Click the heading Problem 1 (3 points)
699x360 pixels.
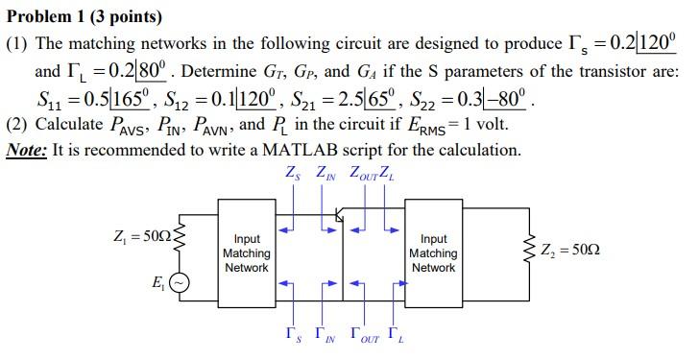click(x=84, y=17)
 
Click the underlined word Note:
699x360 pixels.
click(x=29, y=151)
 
